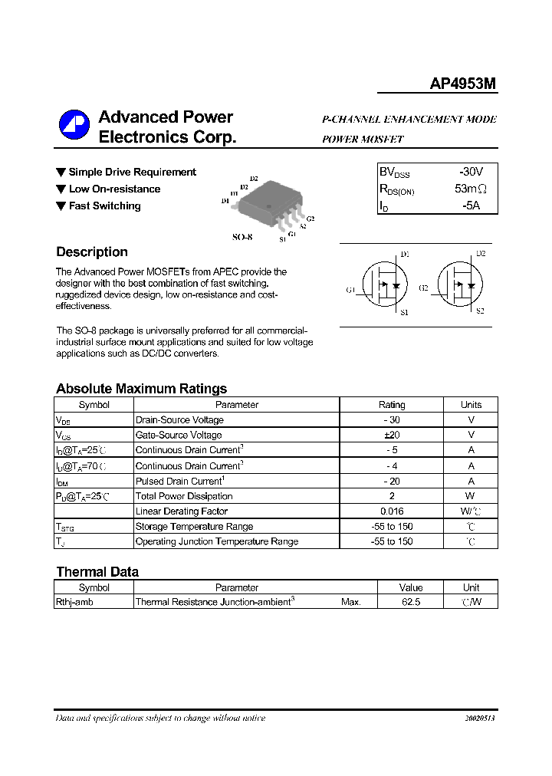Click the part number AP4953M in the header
point(462,84)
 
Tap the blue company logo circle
point(74,127)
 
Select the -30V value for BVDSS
point(471,173)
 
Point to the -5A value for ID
point(471,206)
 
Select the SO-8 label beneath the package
point(242,238)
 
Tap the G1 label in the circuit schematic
point(350,290)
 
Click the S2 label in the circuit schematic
point(480,311)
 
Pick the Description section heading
point(92,252)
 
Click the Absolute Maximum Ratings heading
point(141,389)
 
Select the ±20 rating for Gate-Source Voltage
point(392,436)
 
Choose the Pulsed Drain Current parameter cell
point(179,481)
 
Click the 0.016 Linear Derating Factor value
point(392,511)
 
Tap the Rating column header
point(392,405)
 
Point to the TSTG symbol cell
point(66,527)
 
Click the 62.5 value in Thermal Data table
point(411,603)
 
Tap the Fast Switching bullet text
point(104,206)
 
